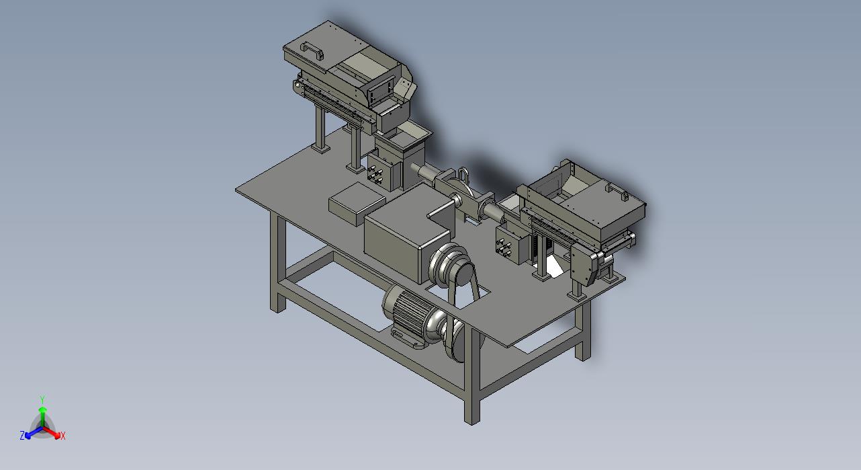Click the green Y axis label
(43, 399)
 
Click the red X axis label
(63, 436)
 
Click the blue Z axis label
(22, 435)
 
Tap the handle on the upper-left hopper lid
(312, 50)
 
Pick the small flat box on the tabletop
(357, 203)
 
